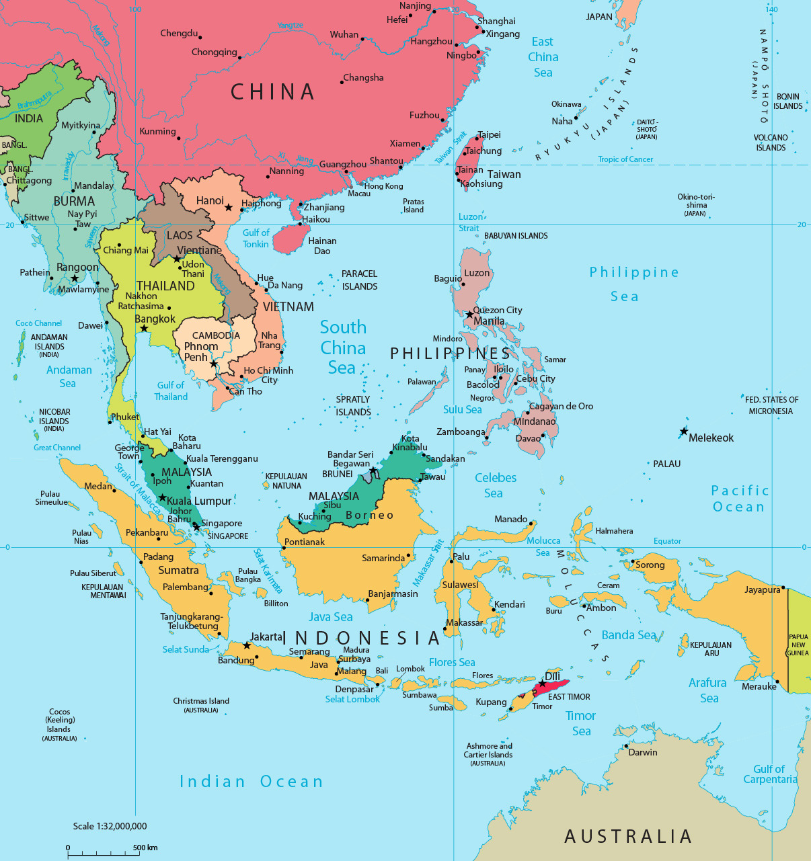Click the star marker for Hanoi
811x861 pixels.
[x=229, y=208]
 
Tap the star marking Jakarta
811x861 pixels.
[x=247, y=646]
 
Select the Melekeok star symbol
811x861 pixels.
[x=684, y=432]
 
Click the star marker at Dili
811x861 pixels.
[x=543, y=684]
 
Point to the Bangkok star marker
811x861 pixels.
[x=144, y=329]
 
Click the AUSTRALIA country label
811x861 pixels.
[x=628, y=836]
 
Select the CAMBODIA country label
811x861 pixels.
[x=216, y=335]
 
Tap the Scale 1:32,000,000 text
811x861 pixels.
[x=110, y=826]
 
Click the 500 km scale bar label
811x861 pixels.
[x=145, y=848]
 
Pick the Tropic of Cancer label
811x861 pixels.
[x=625, y=159]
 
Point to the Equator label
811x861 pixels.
[x=667, y=541]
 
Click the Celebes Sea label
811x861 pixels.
[x=496, y=485]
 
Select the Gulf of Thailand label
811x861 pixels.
[x=171, y=391]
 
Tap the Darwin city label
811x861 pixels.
[x=643, y=752]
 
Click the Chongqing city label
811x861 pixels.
[x=214, y=52]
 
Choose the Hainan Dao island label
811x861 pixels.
[x=322, y=246]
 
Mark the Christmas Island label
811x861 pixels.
[x=201, y=701]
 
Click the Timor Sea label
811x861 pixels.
[x=581, y=723]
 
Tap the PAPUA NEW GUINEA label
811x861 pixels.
[x=798, y=645]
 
